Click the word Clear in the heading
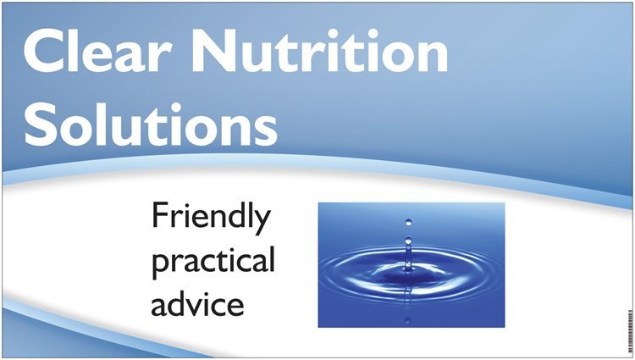[98, 51]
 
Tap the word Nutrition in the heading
[319, 51]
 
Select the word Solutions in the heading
[151, 124]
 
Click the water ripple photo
[411, 265]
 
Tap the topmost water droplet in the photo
[409, 222]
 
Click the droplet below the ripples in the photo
[408, 321]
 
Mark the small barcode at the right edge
[630, 331]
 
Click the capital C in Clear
[44, 51]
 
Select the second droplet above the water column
[408, 240]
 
